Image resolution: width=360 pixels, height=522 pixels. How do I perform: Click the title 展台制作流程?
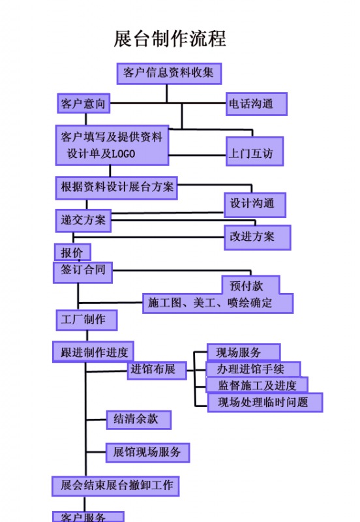170,38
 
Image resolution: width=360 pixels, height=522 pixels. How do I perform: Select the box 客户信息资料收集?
169,73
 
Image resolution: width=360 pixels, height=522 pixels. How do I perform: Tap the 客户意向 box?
83,104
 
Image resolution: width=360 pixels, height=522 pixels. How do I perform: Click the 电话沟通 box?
256,104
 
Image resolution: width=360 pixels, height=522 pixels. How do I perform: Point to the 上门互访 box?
254,151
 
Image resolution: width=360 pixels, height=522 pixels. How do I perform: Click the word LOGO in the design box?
123,154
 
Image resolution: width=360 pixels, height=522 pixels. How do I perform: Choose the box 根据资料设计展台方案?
117,188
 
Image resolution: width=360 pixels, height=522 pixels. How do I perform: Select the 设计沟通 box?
255,205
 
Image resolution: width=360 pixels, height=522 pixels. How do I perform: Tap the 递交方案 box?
83,221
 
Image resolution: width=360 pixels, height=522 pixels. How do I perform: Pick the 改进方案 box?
257,238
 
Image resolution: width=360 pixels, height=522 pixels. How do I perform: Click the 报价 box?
72,252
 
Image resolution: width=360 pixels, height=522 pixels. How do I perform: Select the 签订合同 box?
83,272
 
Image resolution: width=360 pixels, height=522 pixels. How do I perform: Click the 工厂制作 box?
87,320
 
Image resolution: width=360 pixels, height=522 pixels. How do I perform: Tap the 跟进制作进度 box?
93,352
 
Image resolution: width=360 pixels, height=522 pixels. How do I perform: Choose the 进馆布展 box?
157,370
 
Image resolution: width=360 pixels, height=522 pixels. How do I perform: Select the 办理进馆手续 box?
254,369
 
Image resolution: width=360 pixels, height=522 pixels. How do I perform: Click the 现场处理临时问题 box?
265,403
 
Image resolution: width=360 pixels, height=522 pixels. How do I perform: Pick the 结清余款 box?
139,420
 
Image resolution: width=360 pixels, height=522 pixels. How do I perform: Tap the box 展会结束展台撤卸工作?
115,486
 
